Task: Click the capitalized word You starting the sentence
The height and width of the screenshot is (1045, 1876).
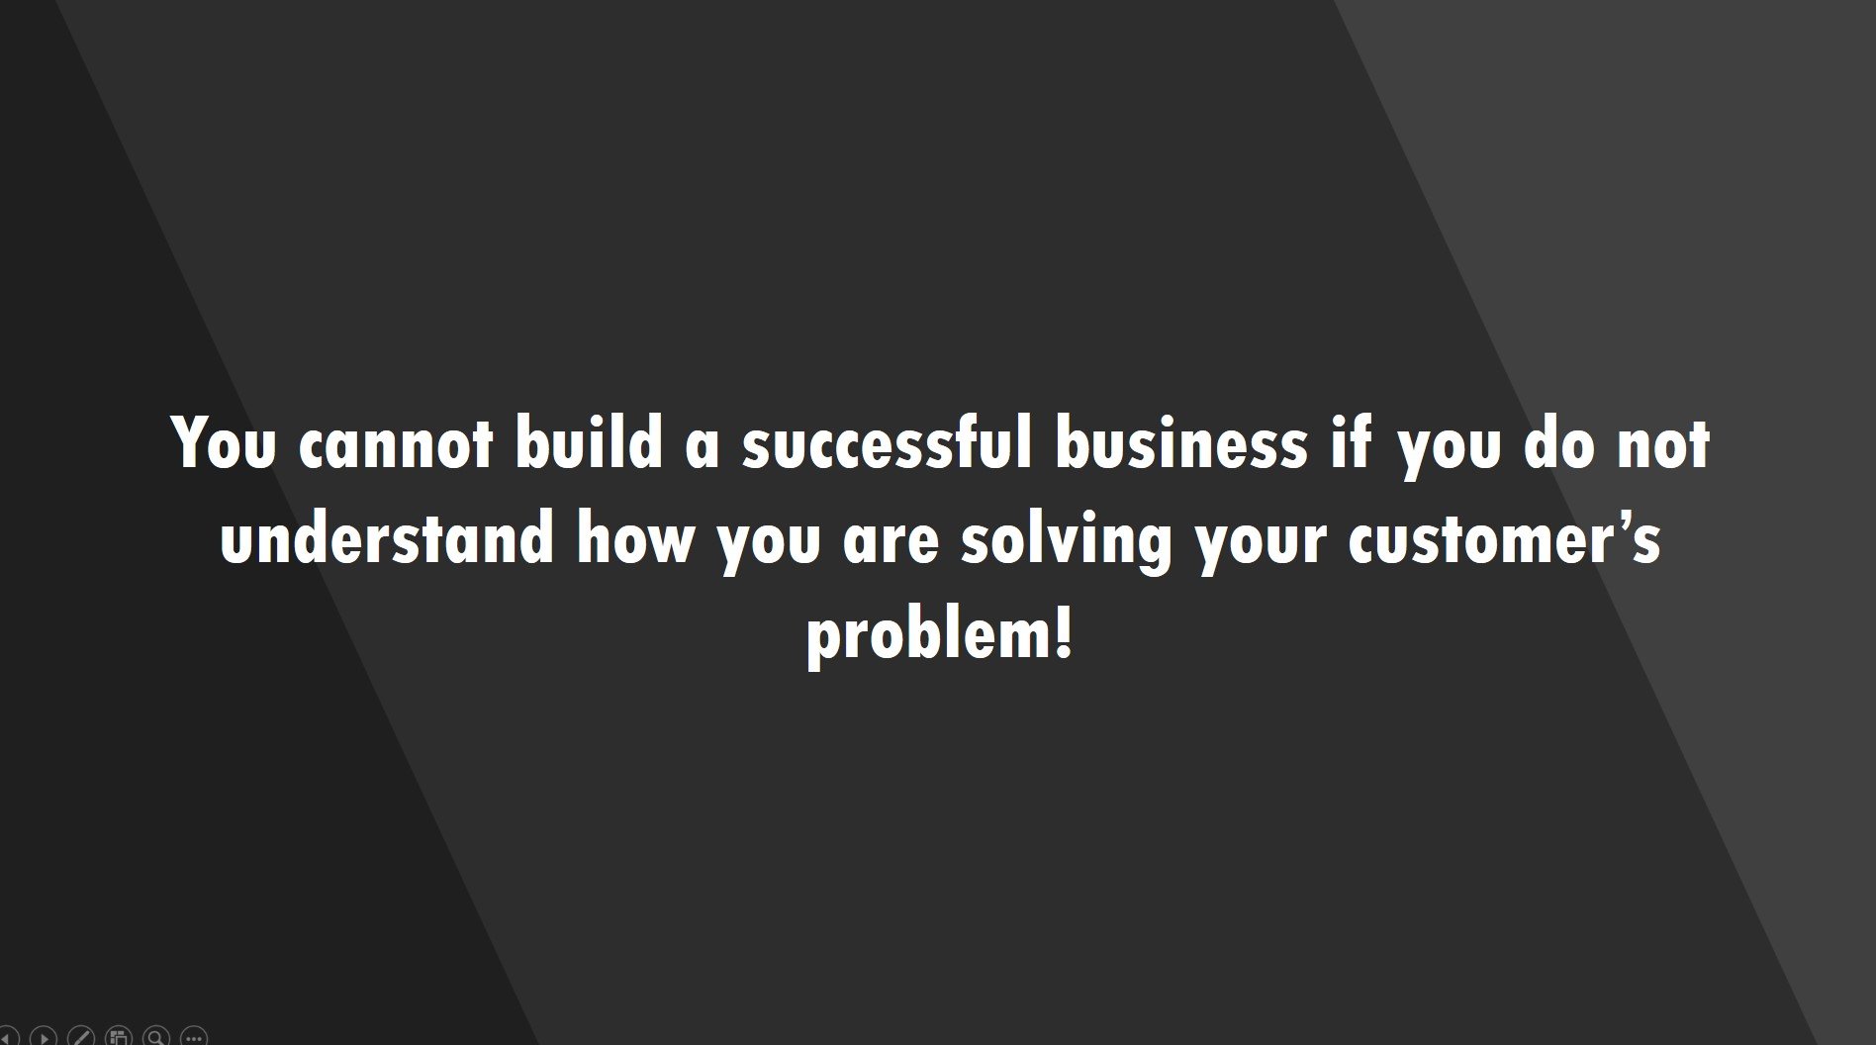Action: pos(223,442)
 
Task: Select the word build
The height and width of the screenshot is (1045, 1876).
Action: pos(588,441)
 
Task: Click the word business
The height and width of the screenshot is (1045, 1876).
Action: pos(1180,441)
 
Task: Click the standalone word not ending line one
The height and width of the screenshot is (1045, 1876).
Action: pos(1662,444)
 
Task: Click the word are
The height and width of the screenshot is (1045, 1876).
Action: pos(891,544)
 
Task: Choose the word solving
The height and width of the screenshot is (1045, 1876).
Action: pos(1066,542)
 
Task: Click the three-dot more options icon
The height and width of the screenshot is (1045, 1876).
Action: pos(194,1037)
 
